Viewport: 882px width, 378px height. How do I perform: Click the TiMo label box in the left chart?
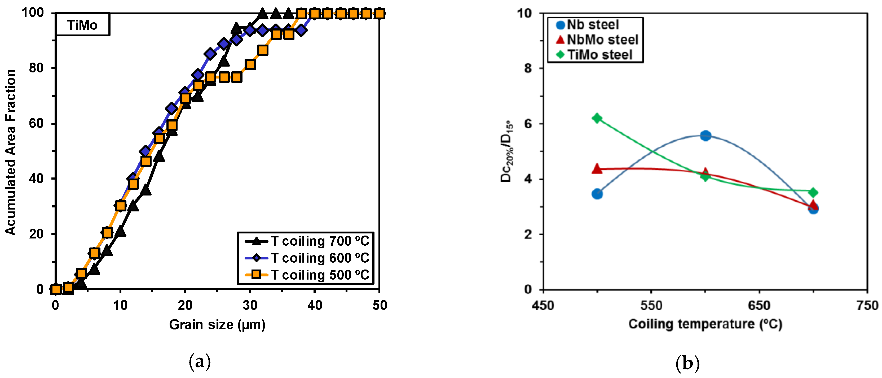[x=82, y=25]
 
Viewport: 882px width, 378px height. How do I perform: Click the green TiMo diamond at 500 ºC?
[x=597, y=118]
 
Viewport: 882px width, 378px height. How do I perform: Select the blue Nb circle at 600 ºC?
[x=705, y=136]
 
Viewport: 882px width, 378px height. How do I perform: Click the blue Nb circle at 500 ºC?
[x=597, y=194]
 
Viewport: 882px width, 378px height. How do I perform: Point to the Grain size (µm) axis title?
[x=217, y=324]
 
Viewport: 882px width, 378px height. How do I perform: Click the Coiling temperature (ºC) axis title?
[x=705, y=324]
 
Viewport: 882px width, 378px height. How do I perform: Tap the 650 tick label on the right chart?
[x=759, y=305]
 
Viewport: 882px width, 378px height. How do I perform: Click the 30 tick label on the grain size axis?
[x=250, y=305]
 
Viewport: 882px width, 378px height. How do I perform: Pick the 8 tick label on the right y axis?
[x=528, y=68]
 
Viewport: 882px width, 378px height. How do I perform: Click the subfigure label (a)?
[x=200, y=362]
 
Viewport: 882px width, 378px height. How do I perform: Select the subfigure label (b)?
[x=687, y=363]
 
